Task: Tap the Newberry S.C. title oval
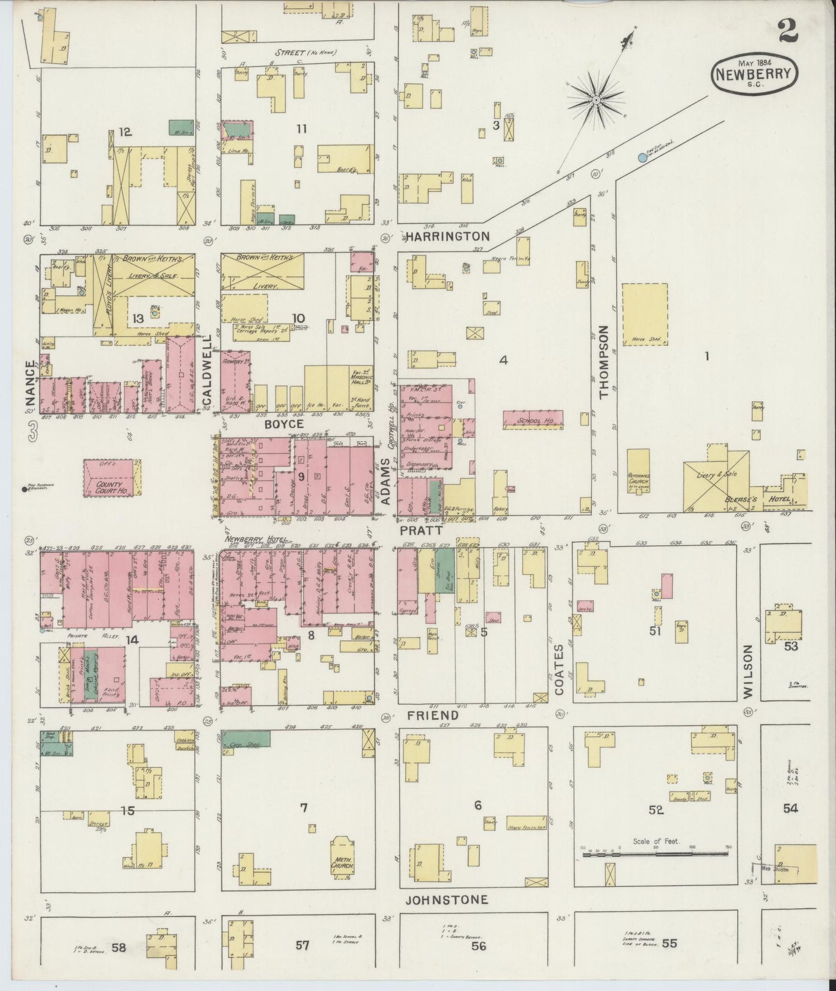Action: pyautogui.click(x=755, y=73)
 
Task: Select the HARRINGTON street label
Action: pyautogui.click(x=447, y=236)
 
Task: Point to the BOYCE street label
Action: pyautogui.click(x=284, y=424)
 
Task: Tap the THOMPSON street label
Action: pyautogui.click(x=605, y=362)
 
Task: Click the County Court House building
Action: pyautogui.click(x=112, y=478)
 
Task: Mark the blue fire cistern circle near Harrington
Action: pyautogui.click(x=642, y=157)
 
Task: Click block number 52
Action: pyautogui.click(x=655, y=810)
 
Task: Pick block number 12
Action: pyautogui.click(x=125, y=132)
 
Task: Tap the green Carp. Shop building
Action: pyautogui.click(x=246, y=738)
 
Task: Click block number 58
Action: pyautogui.click(x=119, y=946)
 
